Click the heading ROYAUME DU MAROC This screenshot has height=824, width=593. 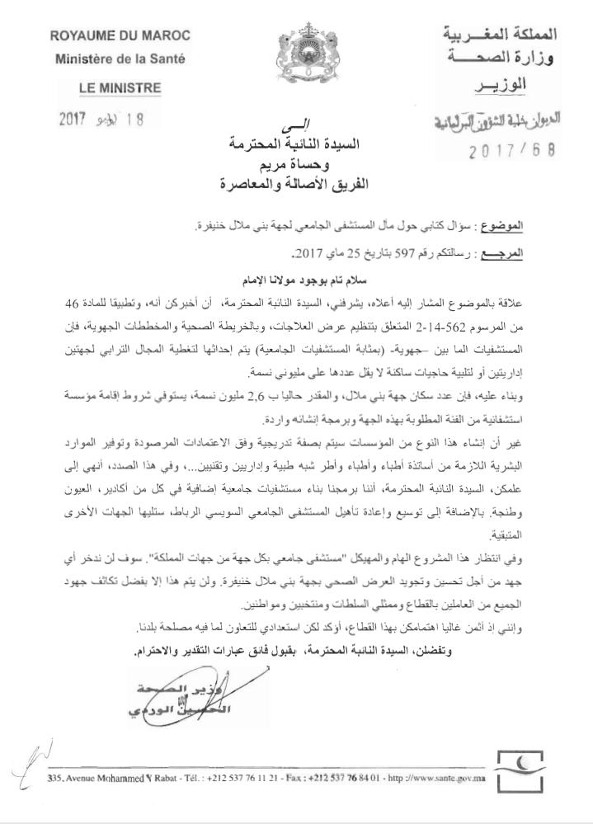[x=120, y=36]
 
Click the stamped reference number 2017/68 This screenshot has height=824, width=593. [x=511, y=152]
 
